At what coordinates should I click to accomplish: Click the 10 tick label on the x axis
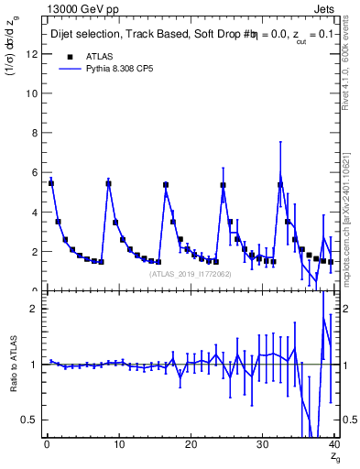pos(118,444)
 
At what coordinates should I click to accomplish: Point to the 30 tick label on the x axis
pos(262,444)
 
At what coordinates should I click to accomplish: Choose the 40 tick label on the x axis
pos(333,444)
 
